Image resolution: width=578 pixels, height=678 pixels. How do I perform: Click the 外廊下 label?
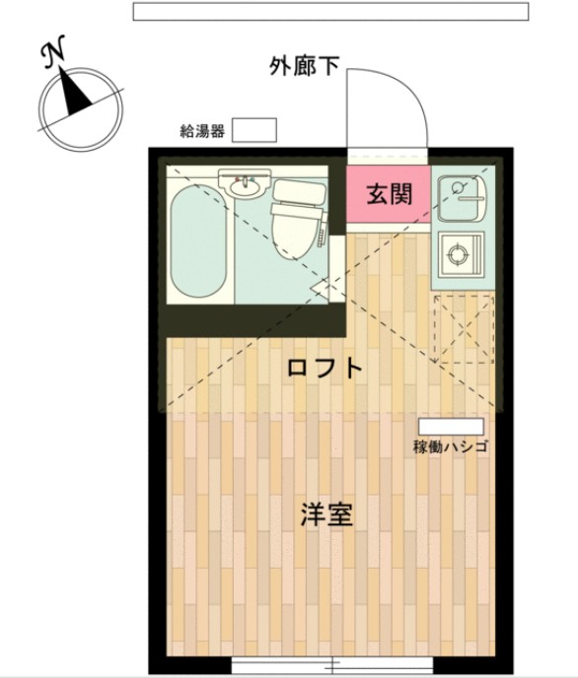[304, 65]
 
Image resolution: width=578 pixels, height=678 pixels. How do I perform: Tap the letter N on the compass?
[55, 54]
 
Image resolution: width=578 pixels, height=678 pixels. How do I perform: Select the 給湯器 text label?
[202, 130]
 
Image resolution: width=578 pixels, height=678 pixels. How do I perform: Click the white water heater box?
[254, 129]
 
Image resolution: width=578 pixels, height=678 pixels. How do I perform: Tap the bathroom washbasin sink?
[244, 184]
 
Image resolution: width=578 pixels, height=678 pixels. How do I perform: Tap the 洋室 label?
[325, 513]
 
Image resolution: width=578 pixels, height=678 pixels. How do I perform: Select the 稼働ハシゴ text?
[451, 446]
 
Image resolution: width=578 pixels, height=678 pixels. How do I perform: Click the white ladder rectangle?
[450, 426]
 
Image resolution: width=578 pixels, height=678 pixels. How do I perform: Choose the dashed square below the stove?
[461, 326]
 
